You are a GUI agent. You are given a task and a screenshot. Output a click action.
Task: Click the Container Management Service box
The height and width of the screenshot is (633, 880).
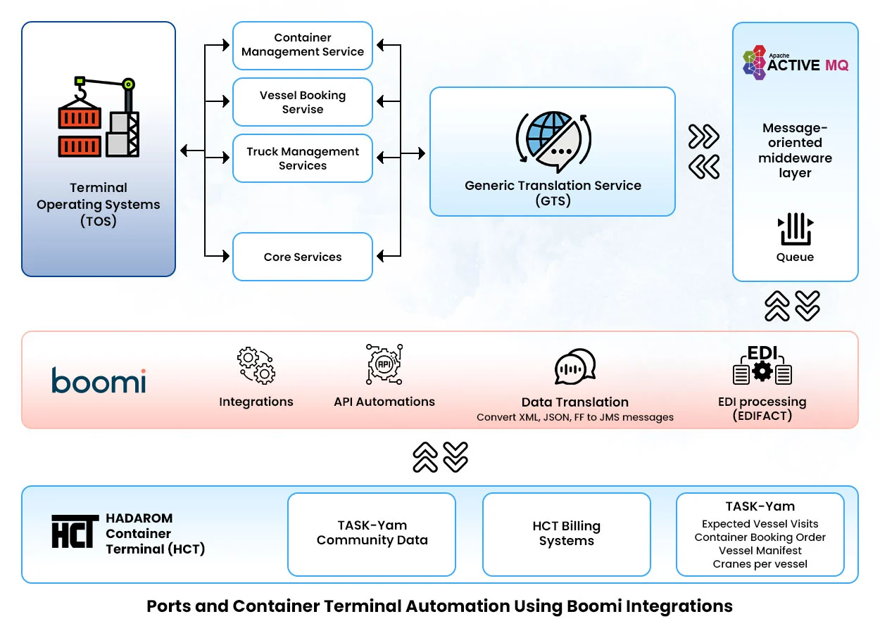tap(303, 45)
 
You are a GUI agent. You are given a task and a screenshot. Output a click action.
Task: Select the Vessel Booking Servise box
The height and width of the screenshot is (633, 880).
tap(303, 102)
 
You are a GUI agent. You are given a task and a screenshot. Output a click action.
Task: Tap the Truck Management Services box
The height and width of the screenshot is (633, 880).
tap(303, 158)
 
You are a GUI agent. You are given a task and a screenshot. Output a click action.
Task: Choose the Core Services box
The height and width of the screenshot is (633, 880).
tap(303, 257)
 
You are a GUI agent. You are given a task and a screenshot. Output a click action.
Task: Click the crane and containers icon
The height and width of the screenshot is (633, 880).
tap(99, 117)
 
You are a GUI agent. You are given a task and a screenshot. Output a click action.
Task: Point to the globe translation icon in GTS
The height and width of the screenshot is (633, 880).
tap(553, 139)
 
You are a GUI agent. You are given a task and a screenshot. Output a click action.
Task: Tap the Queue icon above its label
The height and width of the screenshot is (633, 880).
tap(796, 229)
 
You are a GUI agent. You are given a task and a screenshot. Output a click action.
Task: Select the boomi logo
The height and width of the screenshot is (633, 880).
tap(99, 381)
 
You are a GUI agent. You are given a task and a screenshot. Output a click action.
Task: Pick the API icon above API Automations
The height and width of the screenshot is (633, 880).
tap(384, 364)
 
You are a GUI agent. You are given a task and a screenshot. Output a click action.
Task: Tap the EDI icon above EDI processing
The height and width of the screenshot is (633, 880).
tap(762, 365)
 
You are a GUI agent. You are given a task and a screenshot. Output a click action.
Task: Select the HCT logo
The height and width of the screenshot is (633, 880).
tap(75, 532)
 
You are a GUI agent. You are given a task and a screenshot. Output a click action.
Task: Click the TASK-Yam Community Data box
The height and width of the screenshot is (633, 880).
tap(372, 534)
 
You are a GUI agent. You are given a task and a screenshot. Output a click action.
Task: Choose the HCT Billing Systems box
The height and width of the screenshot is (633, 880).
tap(567, 534)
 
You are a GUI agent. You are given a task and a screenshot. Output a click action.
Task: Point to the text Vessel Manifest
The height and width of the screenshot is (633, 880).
tap(760, 551)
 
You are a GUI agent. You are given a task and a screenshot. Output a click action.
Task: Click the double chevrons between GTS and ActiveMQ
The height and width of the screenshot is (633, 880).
tap(704, 151)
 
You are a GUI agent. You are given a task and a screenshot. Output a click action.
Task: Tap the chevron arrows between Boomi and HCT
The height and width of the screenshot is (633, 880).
tap(440, 457)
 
